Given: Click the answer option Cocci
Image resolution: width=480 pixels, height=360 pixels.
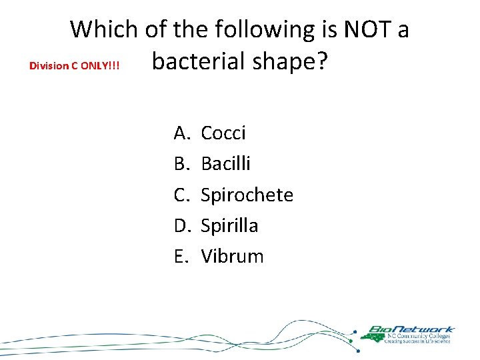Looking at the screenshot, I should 223,133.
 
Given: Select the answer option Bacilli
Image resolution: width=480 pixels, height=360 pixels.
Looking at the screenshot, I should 225,164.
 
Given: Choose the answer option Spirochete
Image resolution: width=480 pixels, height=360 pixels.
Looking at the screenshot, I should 247,195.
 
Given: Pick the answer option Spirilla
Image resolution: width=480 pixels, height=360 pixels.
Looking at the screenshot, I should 229,225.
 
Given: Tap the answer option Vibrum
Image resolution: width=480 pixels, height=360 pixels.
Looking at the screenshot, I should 232,256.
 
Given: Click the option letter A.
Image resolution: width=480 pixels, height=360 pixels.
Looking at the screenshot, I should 182,133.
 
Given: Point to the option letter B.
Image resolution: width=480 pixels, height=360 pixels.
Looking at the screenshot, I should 182,164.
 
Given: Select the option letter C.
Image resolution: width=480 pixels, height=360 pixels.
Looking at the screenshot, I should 182,195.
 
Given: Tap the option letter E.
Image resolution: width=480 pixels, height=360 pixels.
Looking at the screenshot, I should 181,256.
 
